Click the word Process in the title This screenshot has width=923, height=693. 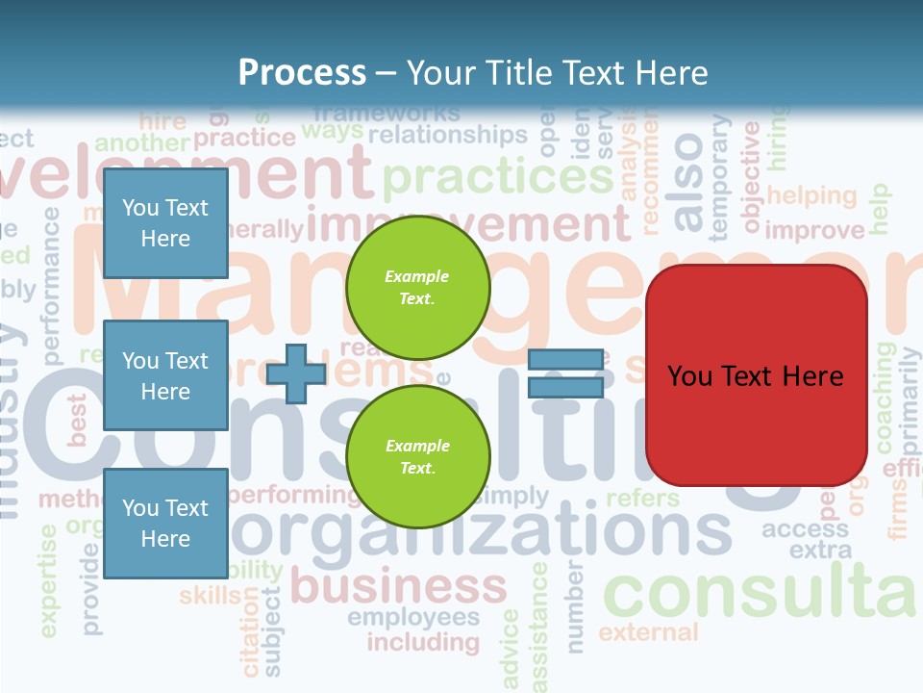pos(302,73)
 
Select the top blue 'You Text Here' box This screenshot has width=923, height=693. pos(165,223)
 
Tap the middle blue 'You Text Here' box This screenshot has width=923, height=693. pos(165,375)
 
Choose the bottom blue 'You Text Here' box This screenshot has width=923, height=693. pos(165,523)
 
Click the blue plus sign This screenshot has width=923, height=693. pos(296,373)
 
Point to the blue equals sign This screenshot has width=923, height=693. pos(565,373)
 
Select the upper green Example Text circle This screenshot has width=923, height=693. pos(417,288)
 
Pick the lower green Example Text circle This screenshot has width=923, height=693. pos(417,457)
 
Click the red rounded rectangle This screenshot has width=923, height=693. pos(756,375)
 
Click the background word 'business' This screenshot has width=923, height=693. pos(398,584)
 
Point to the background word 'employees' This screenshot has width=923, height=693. pos(413,617)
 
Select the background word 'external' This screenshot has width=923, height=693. pos(648,632)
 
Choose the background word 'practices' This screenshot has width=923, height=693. pos(497,176)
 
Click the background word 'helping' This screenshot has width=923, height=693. pos(811,195)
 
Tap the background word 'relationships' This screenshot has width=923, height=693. pos(448,134)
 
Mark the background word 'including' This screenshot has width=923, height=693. pos(423,641)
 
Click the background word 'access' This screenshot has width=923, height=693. pos(806,528)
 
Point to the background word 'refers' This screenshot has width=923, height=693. pos(642,498)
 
